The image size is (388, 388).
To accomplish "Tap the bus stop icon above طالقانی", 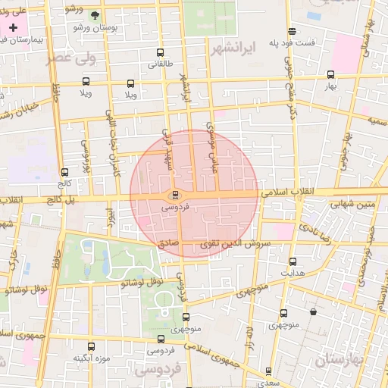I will point(159,53).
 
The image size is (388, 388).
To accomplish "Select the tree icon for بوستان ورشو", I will point(95,15).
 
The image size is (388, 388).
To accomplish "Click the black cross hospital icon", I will point(13,27).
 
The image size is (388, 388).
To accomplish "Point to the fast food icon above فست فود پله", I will point(292,30).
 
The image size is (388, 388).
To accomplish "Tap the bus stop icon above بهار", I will point(330,74).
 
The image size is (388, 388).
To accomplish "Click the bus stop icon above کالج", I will point(64,172).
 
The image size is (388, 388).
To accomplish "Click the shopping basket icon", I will point(313,311).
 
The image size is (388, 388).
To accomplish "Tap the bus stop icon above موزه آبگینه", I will point(91,346).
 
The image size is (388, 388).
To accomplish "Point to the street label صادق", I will point(168,244).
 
